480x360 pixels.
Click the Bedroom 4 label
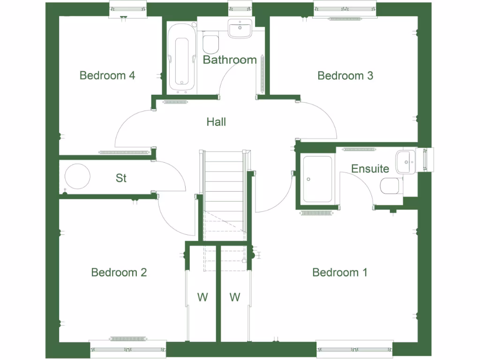[x=107, y=75]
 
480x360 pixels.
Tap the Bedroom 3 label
[x=345, y=75]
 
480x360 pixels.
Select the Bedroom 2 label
[x=119, y=272]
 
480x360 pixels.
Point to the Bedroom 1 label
[x=340, y=272]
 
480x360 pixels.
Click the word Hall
[x=216, y=122]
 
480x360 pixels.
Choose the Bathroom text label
[x=230, y=60]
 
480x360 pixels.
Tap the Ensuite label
[x=370, y=169]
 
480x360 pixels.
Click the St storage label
[x=121, y=178]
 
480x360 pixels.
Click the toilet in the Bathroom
[x=211, y=43]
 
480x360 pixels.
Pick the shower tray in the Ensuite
[x=318, y=179]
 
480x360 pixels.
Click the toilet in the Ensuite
[x=390, y=186]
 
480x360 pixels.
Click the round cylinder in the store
[x=77, y=177]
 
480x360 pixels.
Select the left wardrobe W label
[x=202, y=297]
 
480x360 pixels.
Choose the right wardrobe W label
[x=235, y=297]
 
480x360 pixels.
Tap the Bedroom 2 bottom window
[x=128, y=349]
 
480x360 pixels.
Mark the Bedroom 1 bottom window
[x=354, y=349]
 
